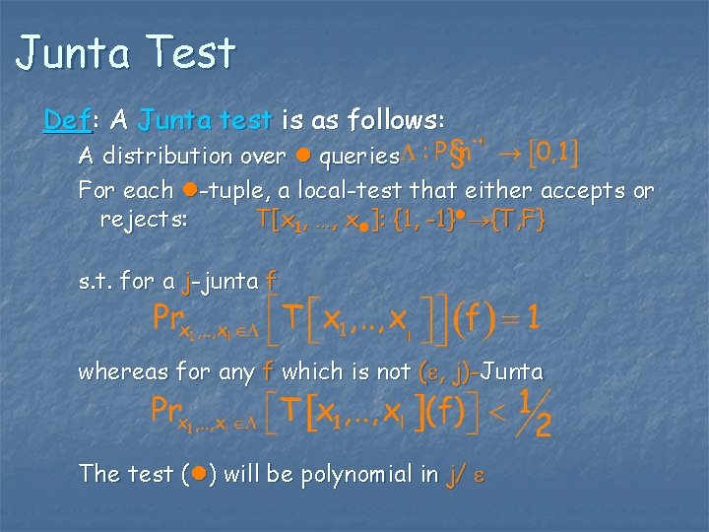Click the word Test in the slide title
(187, 53)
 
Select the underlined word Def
(66, 121)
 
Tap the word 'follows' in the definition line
(398, 121)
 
